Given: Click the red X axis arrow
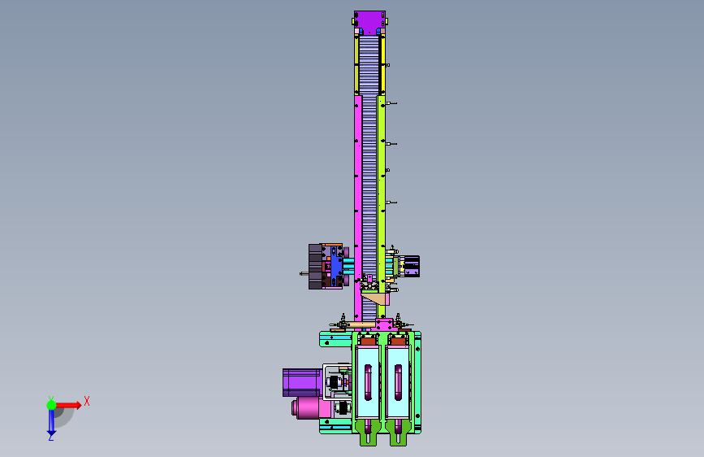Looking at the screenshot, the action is (x=68, y=405).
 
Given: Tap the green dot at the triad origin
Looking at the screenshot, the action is (x=51, y=405).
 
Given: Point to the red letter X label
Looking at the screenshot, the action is (x=87, y=401).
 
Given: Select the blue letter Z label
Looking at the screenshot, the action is (x=50, y=437).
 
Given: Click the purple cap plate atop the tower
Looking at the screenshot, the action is (x=369, y=23).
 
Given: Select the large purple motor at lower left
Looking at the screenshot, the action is (x=302, y=383).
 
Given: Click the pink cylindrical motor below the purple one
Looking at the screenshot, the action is (x=311, y=408).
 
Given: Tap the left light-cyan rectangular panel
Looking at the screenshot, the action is (x=368, y=382).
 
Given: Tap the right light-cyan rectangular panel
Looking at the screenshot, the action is (x=398, y=382).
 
